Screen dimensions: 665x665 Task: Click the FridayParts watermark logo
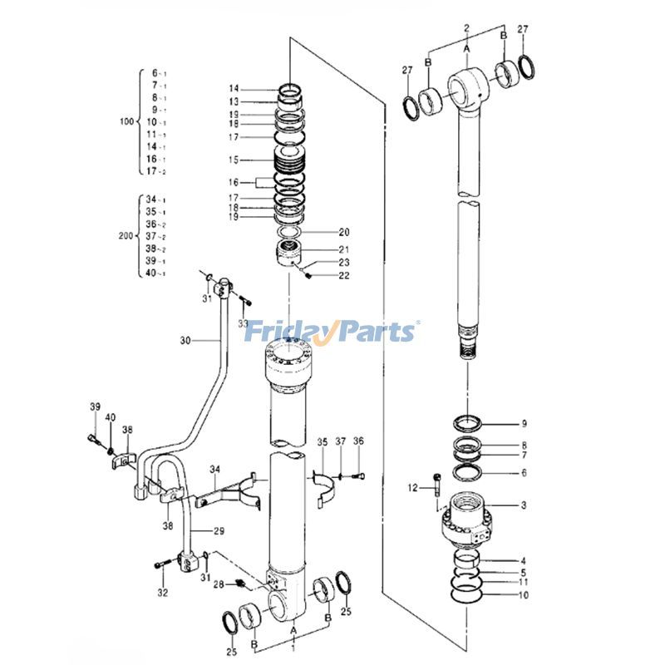click(332, 332)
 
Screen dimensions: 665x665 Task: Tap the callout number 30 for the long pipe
click(185, 340)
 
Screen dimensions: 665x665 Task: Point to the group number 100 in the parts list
click(126, 122)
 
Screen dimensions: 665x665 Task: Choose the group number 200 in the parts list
click(126, 236)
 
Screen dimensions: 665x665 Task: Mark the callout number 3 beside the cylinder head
click(524, 505)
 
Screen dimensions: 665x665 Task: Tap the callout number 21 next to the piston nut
click(344, 249)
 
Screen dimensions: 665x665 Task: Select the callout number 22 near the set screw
click(344, 276)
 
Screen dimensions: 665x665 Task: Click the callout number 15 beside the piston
click(234, 160)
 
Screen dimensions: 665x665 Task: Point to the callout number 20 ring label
click(344, 232)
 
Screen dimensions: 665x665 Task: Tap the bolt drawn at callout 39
click(91, 436)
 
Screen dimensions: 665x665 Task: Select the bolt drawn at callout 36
click(359, 475)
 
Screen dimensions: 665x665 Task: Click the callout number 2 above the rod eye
click(467, 27)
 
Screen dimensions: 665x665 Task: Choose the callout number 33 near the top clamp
click(244, 323)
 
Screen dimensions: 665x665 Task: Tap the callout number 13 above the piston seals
click(234, 101)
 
